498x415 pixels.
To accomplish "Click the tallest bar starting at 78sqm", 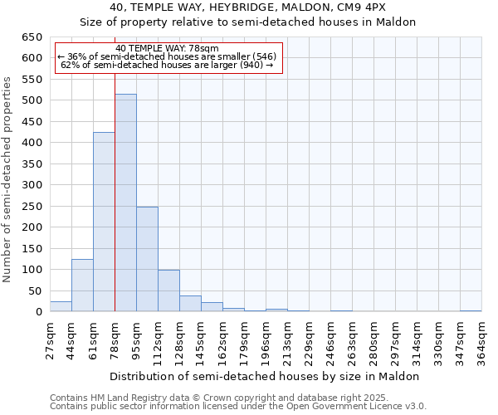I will click(x=125, y=203).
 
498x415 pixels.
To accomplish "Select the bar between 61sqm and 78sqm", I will click(x=104, y=222).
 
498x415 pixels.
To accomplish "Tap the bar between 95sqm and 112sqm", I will click(x=147, y=259).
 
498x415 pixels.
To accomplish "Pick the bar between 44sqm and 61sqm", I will click(x=82, y=286).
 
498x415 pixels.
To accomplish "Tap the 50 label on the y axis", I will click(x=35, y=291).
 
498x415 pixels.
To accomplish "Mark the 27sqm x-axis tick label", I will click(x=50, y=339).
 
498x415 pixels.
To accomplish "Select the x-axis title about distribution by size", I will click(x=265, y=376).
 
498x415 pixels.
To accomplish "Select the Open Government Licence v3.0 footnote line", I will click(x=238, y=406).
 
